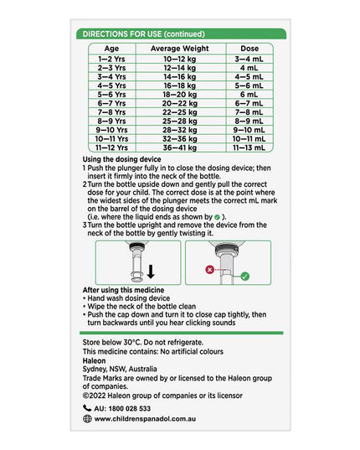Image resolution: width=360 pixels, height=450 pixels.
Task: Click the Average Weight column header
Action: pos(180,49)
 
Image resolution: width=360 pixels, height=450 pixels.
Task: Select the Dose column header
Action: pos(249,49)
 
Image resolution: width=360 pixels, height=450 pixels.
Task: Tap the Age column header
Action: pos(111,49)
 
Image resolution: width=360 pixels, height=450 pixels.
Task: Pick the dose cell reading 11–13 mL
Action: pos(249,147)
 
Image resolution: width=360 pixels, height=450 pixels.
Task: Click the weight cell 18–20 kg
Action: pos(180,95)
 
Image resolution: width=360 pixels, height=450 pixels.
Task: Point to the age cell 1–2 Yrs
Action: pos(111,59)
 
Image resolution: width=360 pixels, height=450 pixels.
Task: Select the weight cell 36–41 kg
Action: pos(180,147)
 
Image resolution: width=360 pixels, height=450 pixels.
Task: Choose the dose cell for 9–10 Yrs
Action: pos(249,130)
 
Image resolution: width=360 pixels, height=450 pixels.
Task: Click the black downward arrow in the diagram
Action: pos(151,272)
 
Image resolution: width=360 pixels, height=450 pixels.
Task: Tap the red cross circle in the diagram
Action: pos(210,270)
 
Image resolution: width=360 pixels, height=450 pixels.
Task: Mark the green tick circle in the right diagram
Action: pos(245,277)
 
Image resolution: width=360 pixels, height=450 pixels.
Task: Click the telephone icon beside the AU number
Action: pos(87,408)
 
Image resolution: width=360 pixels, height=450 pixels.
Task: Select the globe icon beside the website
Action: pos(87,419)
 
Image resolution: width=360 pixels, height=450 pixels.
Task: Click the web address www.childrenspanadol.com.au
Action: pos(145,419)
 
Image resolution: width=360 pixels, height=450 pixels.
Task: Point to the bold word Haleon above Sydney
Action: pos(94,360)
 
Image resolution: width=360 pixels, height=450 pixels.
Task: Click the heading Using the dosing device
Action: pos(122,159)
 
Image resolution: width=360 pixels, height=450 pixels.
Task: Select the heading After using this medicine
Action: pos(124,290)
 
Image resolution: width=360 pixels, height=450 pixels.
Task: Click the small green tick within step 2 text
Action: pos(217,217)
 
